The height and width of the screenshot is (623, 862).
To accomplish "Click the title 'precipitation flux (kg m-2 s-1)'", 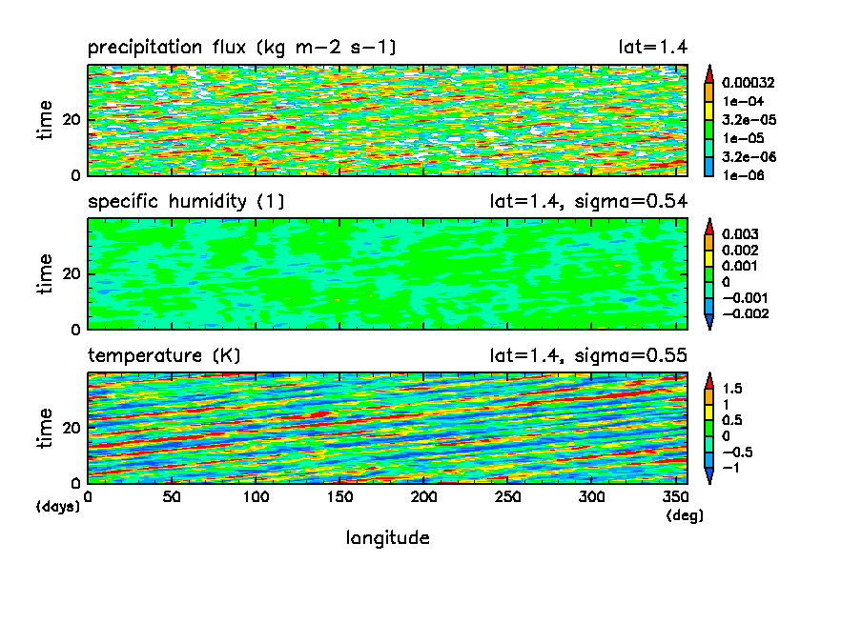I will click(x=241, y=48).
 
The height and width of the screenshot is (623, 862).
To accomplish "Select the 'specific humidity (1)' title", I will click(x=186, y=202).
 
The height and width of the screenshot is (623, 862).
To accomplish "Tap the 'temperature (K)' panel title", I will click(x=164, y=356).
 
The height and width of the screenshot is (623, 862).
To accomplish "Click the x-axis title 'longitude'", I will click(x=387, y=538).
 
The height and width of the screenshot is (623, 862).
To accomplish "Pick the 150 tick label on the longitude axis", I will click(x=339, y=497).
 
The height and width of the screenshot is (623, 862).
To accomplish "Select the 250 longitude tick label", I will click(x=507, y=497).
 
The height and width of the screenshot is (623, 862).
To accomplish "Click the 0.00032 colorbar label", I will click(x=748, y=83).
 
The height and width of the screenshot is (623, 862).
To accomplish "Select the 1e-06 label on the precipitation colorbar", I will click(x=741, y=175).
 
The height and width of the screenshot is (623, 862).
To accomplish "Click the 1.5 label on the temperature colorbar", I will click(x=732, y=389).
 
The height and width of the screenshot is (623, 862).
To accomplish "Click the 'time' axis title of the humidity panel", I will click(x=46, y=274).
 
